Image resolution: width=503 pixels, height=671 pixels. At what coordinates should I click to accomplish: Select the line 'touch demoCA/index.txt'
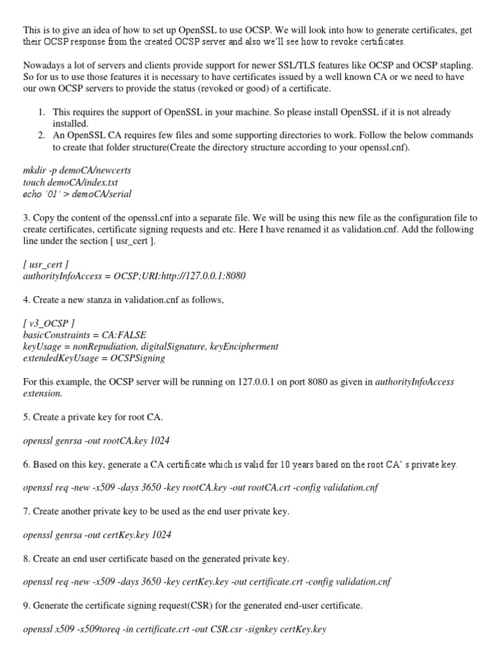(71, 183)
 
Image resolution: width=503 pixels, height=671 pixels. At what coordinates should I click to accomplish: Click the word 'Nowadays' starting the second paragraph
(44, 66)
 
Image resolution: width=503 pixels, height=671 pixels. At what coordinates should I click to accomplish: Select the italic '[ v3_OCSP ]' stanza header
(52, 324)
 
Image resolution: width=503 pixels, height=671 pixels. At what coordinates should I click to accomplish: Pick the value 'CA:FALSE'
(126, 335)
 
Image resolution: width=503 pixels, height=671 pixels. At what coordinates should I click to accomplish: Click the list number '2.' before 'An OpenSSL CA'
(41, 135)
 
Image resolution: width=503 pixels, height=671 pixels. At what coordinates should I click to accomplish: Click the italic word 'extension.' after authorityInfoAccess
(43, 393)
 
